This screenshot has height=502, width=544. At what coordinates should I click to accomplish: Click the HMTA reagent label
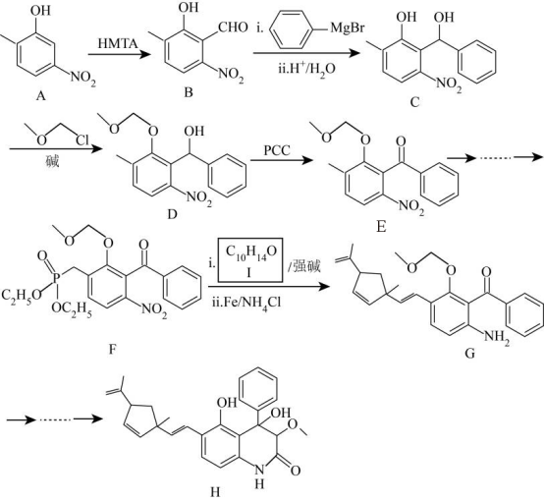coord(118,44)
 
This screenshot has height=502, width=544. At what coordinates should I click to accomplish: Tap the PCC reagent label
coord(277,150)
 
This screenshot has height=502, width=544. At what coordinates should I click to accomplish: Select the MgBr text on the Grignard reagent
coord(348,28)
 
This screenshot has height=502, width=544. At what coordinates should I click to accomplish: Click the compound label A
coord(41,95)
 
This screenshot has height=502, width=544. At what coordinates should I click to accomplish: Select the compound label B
coord(189,92)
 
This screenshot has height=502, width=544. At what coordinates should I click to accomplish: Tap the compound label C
coord(415,102)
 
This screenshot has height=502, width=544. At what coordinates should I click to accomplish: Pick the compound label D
coord(172,214)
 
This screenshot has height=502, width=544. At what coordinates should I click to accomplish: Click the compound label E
coord(381,226)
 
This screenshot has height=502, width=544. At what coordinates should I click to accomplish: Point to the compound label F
coord(112,349)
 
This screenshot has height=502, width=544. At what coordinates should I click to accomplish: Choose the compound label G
coord(469,354)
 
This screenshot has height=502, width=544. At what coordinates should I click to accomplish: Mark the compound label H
coord(215,492)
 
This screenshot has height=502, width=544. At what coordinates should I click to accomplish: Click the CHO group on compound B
coord(233,28)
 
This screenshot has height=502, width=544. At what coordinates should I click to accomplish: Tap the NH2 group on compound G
coord(497,337)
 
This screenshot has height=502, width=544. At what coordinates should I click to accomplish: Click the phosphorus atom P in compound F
coord(57,277)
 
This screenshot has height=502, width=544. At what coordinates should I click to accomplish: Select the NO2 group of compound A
coord(82,77)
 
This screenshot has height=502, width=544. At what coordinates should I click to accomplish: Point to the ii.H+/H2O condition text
coord(306,69)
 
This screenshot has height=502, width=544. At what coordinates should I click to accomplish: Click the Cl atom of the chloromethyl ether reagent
coord(82,139)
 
